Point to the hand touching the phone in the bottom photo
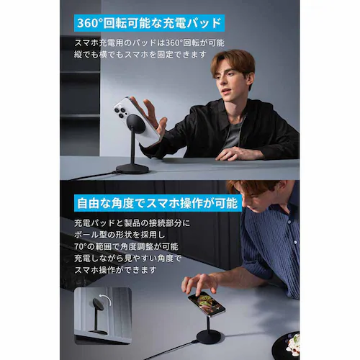[199, 282]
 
